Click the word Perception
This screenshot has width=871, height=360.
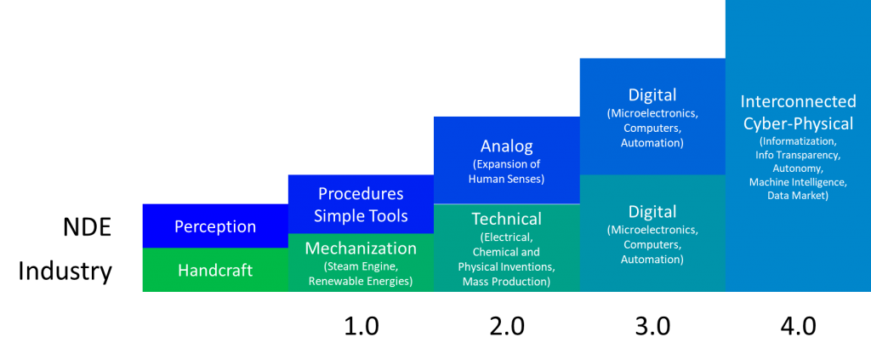215,226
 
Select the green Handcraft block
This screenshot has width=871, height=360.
215,270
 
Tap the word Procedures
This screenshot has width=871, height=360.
361,194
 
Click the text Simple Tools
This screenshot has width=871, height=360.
361,215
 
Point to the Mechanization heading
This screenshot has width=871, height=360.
361,249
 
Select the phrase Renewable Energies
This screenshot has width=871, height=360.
361,281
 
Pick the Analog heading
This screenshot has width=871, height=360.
506,146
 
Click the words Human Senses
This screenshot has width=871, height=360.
506,179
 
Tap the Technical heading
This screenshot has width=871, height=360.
506,219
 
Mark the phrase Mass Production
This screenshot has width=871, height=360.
506,281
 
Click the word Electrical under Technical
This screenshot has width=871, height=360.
506,237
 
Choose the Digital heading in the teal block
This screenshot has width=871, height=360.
652,211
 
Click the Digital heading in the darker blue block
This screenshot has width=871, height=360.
652,95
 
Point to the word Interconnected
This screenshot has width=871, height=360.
798,102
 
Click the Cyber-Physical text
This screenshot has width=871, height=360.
798,123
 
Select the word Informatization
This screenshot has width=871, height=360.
798,141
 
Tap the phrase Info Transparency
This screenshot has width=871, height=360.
798,155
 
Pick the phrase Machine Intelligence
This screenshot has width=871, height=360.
798,182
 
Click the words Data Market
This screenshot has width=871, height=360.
798,196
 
